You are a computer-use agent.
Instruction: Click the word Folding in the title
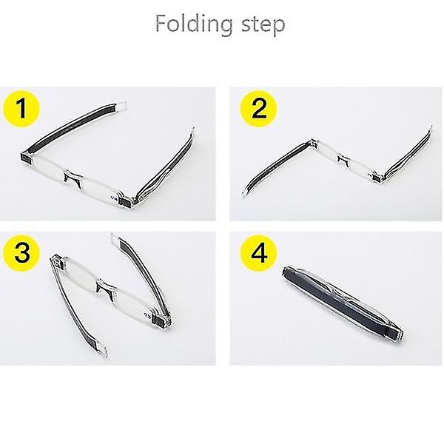coord(194,25)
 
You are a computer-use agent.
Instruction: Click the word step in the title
coord(263,26)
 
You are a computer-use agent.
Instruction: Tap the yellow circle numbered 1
coord(21,109)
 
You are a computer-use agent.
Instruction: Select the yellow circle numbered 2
coord(258,109)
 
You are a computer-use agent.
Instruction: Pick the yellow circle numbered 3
coord(21,252)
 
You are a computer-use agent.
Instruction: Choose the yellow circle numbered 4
coord(259,253)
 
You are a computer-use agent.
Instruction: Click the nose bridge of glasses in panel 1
coord(73,178)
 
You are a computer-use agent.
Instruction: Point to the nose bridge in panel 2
coord(343,161)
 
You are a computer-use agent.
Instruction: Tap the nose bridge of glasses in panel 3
coord(106,289)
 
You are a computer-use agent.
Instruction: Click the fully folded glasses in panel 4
coord(343,303)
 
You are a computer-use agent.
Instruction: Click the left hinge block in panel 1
coord(27,158)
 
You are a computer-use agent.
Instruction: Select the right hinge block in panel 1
coord(126,201)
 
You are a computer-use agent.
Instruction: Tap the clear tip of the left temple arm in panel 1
coord(122,106)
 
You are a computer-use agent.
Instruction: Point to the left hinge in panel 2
coord(314,142)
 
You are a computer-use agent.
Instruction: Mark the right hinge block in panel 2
coord(377,178)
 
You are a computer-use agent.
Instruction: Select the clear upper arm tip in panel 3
coord(115,238)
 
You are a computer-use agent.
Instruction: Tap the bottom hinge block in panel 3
coord(159,322)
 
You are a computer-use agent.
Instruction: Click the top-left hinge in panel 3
coord(57,260)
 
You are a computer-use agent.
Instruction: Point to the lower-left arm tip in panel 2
coord(246,194)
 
